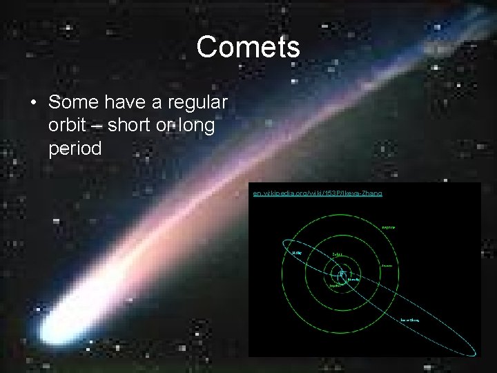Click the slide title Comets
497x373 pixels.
(248, 48)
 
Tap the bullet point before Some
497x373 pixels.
(32, 103)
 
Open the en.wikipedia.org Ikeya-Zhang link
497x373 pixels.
(318, 193)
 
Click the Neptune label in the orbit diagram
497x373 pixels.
(388, 227)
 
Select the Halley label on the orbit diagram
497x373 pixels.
(297, 253)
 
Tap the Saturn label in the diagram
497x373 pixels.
(337, 254)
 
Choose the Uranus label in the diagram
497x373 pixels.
(387, 266)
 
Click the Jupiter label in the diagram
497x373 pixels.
(335, 285)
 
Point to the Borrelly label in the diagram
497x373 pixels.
(353, 280)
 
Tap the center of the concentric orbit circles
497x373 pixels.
(341, 274)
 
